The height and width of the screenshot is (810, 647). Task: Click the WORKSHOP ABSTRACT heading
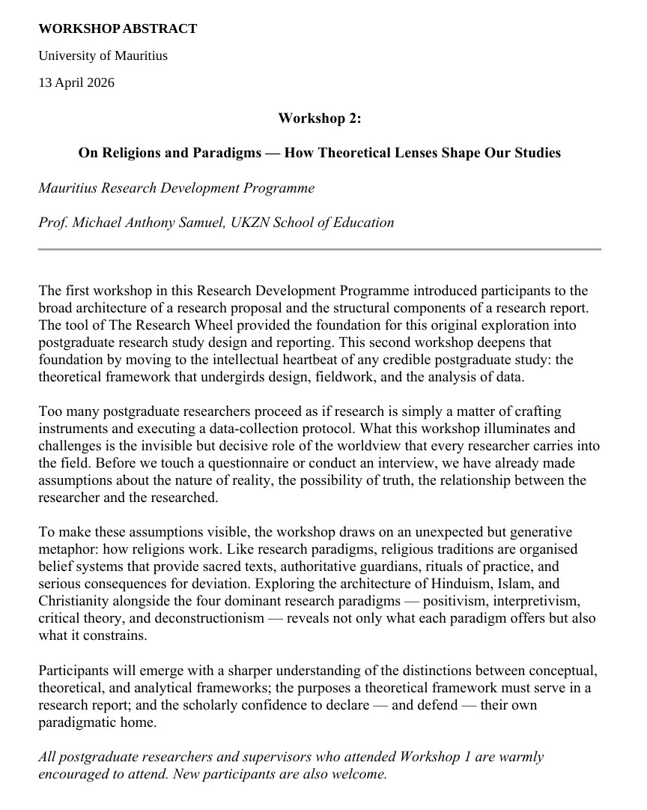coord(118,29)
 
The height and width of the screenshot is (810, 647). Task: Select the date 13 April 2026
coord(76,82)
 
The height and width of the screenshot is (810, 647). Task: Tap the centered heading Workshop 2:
coord(320,118)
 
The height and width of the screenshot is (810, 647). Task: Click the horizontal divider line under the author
coord(320,249)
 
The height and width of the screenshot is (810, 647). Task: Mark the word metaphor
coord(63,548)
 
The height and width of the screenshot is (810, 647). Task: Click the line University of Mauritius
coord(103,56)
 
